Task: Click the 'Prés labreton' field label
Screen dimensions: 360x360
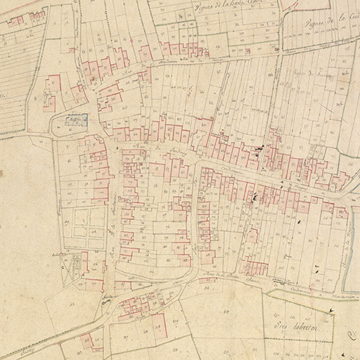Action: coord(296,326)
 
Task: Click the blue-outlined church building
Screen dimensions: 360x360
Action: coord(77,121)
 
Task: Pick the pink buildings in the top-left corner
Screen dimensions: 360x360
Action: coord(15,21)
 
